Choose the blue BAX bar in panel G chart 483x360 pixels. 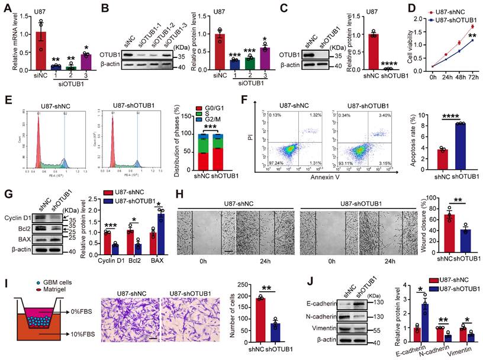pos(159,232)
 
